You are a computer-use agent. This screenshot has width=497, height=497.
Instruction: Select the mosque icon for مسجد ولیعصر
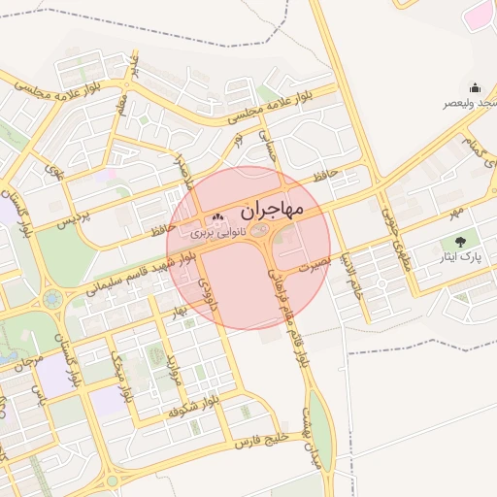pos(476,88)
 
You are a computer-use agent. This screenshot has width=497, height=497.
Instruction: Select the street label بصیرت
pos(315,263)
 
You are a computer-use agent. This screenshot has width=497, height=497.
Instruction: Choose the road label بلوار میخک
pos(125,379)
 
